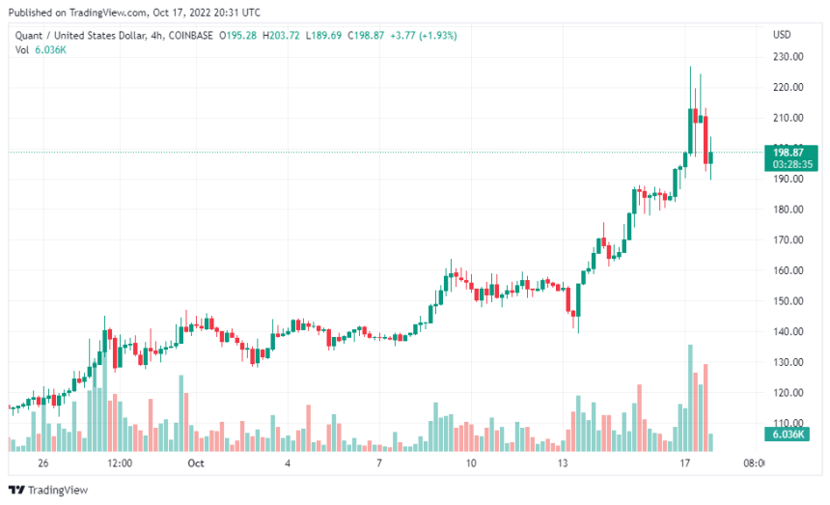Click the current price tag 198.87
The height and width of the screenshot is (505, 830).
tap(790, 153)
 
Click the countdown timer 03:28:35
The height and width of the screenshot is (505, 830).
tap(790, 165)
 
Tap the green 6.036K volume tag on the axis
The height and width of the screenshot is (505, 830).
tap(790, 435)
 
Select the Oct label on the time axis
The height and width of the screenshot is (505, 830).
tap(195, 463)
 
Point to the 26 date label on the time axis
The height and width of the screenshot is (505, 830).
tap(42, 463)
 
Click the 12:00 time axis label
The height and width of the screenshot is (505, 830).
tap(119, 463)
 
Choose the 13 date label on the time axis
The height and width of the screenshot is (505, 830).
tap(562, 463)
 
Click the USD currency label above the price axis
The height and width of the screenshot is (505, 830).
tap(782, 35)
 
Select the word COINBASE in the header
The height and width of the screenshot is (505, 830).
tap(191, 35)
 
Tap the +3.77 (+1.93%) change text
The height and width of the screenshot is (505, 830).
tap(425, 35)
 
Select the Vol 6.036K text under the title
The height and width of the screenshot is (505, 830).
tap(40, 49)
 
